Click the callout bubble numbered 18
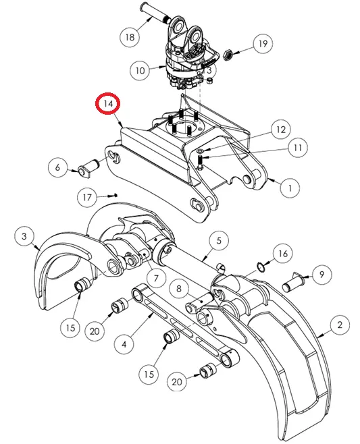point(130,37)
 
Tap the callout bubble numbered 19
point(263,44)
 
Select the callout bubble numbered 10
point(140,70)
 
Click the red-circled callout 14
point(107,104)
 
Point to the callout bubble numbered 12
point(280,130)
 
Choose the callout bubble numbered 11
point(298,148)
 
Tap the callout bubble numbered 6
point(57,167)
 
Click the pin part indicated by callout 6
point(88,169)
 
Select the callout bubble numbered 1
point(290,188)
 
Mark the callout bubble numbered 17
point(87,197)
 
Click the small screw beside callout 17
point(113,195)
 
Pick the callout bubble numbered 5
point(219,241)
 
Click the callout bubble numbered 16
point(283,254)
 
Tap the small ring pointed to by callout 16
point(261,266)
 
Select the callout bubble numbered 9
point(322,275)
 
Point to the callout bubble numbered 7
point(156,279)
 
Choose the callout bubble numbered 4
point(124,344)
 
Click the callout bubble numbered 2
point(340,325)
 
